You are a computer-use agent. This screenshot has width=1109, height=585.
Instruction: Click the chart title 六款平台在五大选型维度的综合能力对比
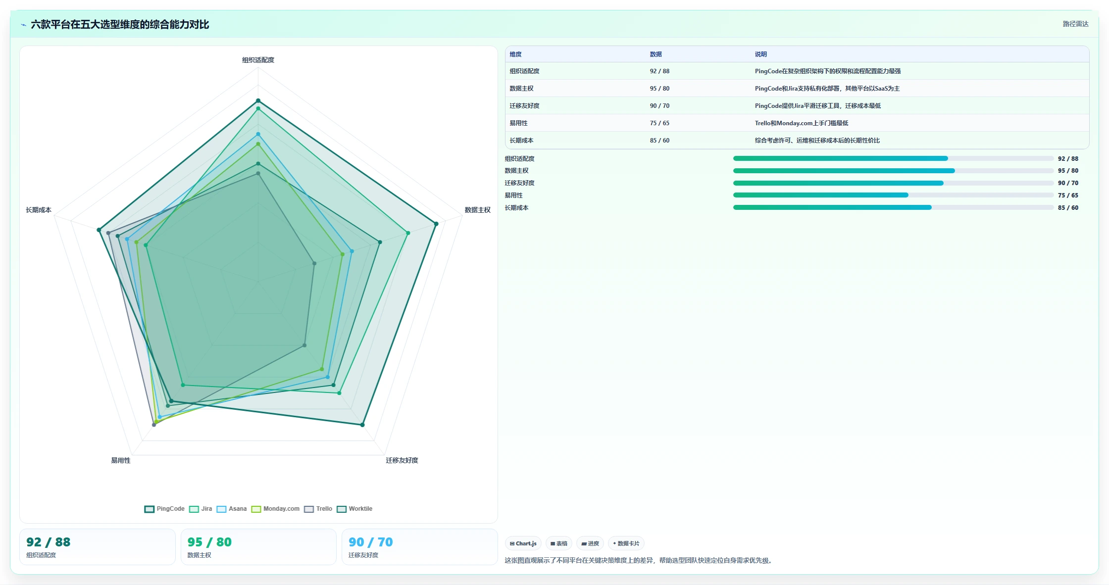[120, 24]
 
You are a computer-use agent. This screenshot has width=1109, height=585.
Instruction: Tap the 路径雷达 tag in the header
[1075, 24]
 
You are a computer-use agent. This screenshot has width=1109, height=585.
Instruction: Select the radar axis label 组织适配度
[258, 60]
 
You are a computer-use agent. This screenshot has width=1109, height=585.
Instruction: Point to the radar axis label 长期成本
[39, 210]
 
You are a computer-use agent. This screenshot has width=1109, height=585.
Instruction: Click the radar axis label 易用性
[121, 460]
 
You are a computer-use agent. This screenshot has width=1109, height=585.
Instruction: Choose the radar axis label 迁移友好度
[402, 460]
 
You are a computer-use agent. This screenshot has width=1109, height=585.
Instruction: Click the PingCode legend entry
[164, 509]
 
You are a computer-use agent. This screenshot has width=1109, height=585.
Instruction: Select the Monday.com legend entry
[275, 509]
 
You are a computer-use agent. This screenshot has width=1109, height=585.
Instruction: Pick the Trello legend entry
[318, 509]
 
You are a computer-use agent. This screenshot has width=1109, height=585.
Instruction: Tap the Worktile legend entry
[354, 509]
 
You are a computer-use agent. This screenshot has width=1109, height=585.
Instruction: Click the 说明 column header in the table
[760, 54]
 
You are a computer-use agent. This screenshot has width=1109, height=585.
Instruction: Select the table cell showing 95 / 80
[659, 89]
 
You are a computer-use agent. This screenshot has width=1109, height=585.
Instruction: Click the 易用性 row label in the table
[518, 123]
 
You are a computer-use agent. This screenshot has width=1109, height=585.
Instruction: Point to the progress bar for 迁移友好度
[893, 183]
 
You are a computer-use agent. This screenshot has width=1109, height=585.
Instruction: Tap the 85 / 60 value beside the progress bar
[1068, 208]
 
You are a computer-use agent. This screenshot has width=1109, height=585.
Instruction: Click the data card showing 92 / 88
[98, 547]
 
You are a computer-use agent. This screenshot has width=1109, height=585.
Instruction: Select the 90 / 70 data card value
[370, 542]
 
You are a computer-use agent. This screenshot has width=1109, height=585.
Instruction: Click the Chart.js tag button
[523, 543]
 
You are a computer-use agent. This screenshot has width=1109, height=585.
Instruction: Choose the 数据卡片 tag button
[626, 543]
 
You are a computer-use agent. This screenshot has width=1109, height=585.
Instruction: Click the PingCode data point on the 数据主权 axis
[436, 224]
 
